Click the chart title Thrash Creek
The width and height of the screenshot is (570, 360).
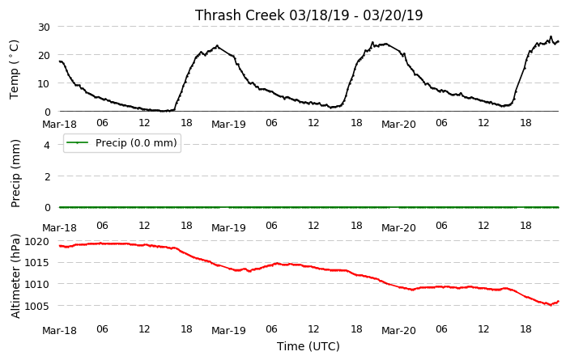(x=240, y=15)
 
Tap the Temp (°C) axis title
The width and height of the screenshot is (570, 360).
(x=14, y=70)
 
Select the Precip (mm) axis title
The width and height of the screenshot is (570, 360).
(x=15, y=174)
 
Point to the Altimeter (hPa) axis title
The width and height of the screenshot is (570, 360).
(x=15, y=277)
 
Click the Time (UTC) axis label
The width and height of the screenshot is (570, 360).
(x=308, y=346)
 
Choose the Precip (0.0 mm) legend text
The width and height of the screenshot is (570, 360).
(x=136, y=142)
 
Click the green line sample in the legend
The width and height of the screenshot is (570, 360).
(x=78, y=142)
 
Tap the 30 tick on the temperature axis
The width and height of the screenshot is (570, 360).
(x=44, y=27)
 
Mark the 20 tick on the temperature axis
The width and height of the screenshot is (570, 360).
(x=44, y=55)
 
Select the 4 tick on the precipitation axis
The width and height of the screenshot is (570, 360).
(x=47, y=145)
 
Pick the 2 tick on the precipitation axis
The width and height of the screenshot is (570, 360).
(x=47, y=176)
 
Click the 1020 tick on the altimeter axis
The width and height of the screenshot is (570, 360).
(x=37, y=241)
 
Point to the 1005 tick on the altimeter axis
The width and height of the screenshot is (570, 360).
(x=37, y=306)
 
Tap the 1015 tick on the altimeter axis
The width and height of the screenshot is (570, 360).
(x=37, y=263)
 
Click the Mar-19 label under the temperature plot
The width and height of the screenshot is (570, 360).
(x=228, y=125)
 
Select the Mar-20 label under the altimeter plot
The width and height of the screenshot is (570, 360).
(x=398, y=331)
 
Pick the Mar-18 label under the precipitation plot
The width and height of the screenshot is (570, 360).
(x=59, y=228)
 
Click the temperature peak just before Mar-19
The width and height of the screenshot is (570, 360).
(x=217, y=46)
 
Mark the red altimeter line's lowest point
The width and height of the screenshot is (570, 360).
(x=551, y=305)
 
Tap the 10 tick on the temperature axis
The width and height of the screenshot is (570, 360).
(x=44, y=83)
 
